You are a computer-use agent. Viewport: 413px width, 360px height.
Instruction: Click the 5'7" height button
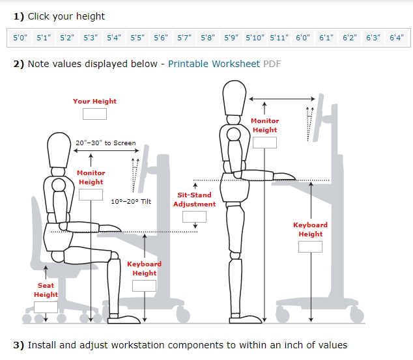click(x=184, y=38)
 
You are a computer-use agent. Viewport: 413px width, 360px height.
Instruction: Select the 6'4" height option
click(x=397, y=38)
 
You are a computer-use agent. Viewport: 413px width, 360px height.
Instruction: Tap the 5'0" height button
click(x=20, y=38)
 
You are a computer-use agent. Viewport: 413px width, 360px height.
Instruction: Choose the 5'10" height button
click(x=255, y=38)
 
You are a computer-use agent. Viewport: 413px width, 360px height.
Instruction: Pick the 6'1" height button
click(x=326, y=38)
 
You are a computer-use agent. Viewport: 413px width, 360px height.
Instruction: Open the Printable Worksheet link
click(x=214, y=64)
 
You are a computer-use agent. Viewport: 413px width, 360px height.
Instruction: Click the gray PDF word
click(x=272, y=64)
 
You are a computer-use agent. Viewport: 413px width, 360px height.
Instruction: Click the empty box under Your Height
click(x=94, y=114)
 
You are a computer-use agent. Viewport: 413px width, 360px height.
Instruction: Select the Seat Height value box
click(x=46, y=307)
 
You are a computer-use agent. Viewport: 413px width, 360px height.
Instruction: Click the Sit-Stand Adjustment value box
click(x=194, y=217)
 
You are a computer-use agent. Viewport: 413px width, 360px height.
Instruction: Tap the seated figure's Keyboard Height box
click(x=144, y=286)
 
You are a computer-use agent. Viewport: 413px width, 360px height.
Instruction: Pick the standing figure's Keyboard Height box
click(x=310, y=247)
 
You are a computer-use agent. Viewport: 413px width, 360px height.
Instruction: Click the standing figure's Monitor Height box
click(x=264, y=143)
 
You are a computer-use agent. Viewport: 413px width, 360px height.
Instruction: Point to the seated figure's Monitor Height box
click(x=91, y=195)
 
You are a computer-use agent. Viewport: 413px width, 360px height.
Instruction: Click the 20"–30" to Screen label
click(x=106, y=143)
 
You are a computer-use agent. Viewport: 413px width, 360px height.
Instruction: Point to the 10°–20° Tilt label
click(x=131, y=202)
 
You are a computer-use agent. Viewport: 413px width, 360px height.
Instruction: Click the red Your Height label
click(x=94, y=102)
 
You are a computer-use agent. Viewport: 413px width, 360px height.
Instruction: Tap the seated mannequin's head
click(x=59, y=150)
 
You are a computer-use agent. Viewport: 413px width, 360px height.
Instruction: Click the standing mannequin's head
click(x=234, y=98)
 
